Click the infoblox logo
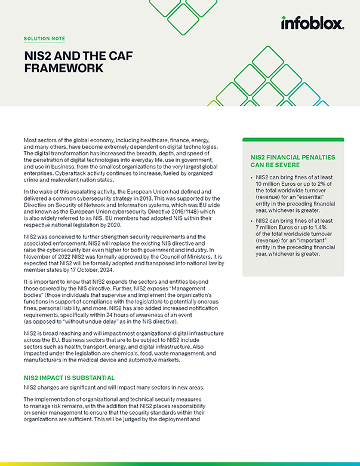312,24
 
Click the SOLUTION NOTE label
44,39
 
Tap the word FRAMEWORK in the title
63,68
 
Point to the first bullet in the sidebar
251,177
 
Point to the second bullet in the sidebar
251,221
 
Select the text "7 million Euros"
276,228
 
